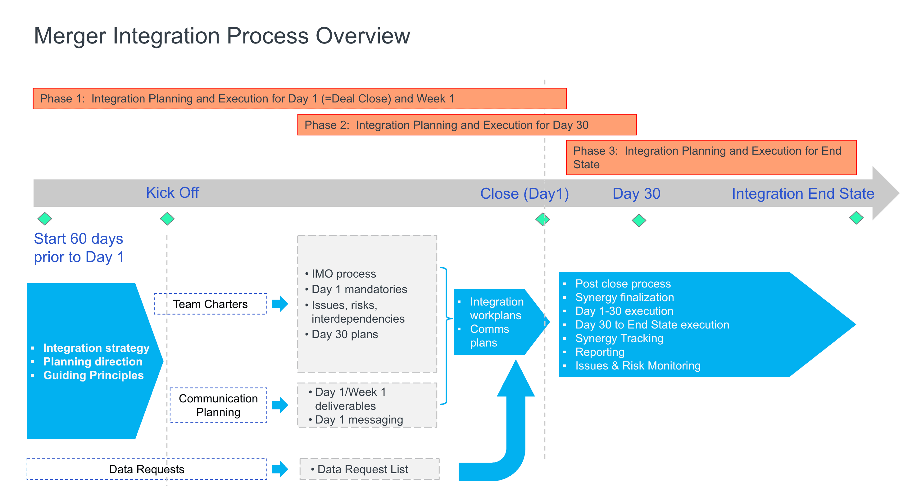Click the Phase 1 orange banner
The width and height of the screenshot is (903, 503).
[x=299, y=98]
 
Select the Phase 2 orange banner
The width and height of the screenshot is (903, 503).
[x=467, y=125]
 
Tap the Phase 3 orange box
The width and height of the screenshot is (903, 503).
[x=711, y=157]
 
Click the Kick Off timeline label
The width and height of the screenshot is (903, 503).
[x=172, y=193]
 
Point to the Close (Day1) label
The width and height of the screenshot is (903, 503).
[x=524, y=193]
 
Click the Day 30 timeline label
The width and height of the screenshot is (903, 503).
[x=636, y=193]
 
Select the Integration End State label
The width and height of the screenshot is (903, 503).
[x=803, y=193]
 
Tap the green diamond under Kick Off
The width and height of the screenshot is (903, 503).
[x=167, y=219]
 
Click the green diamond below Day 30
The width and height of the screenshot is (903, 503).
[x=639, y=220]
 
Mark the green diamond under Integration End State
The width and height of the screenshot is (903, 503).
[x=856, y=218]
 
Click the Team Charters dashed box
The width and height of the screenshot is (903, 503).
[x=210, y=304]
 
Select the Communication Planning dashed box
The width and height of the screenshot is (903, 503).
[x=218, y=405]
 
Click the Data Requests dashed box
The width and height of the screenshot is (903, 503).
[x=147, y=469]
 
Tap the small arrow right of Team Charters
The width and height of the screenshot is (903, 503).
[x=280, y=304]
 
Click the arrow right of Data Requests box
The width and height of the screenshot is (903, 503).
[x=280, y=469]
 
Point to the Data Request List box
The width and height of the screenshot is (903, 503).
[x=369, y=469]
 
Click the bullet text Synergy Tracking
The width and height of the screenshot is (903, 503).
[x=619, y=338]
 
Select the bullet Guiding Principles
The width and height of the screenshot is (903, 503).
[x=93, y=375]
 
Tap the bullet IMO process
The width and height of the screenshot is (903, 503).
[x=343, y=274]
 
